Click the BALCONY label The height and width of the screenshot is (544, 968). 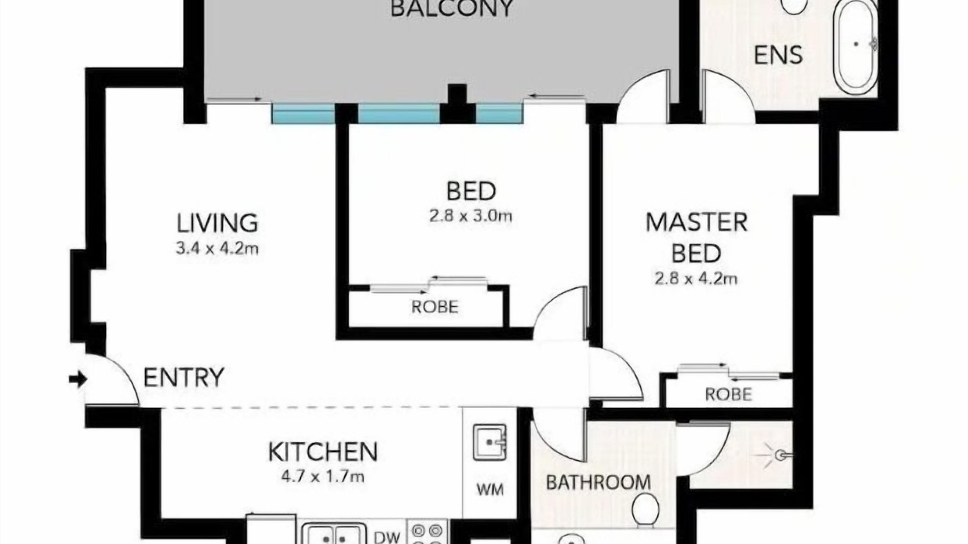[452, 8]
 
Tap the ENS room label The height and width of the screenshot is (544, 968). [778, 55]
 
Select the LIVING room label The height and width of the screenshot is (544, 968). [217, 223]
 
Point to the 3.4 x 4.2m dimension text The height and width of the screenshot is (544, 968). [217, 249]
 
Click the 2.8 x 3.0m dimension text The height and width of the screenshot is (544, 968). [470, 215]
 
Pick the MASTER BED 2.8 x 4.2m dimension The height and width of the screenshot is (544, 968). [696, 279]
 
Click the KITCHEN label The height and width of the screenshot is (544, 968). [323, 452]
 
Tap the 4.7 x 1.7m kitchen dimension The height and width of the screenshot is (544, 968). [323, 477]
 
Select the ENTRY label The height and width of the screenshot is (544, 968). [184, 377]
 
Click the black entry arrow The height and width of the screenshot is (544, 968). [78, 380]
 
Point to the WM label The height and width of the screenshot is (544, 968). [490, 489]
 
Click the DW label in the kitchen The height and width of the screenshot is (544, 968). [386, 536]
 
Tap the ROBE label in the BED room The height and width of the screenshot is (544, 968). [435, 307]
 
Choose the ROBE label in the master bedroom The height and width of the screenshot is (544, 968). [728, 394]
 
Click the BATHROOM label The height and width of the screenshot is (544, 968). [598, 482]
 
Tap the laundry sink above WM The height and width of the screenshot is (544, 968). [489, 443]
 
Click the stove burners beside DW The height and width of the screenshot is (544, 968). [427, 533]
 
